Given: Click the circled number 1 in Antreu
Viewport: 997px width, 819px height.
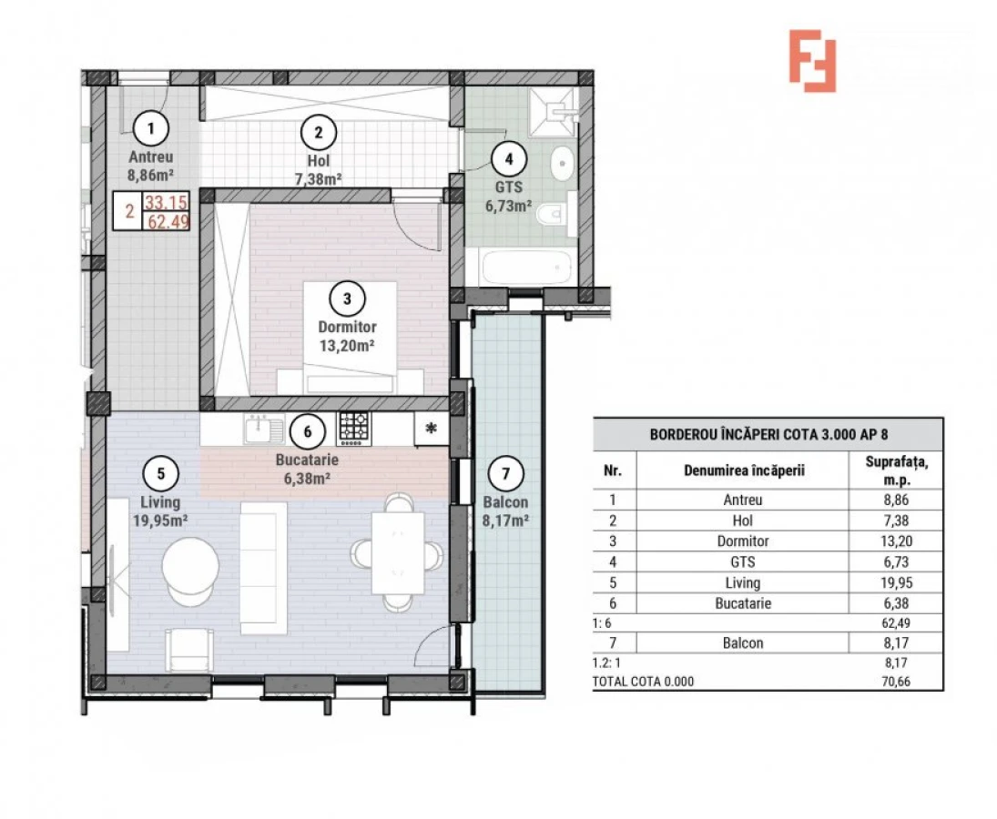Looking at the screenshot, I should coord(150,126).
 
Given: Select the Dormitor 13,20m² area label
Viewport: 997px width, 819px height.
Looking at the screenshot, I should coord(347,336).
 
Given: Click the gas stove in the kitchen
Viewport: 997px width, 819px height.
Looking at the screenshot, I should coord(354,427).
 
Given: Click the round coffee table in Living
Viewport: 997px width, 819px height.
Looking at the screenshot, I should coord(190,566).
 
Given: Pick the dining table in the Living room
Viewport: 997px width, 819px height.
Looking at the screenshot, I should coord(398,551).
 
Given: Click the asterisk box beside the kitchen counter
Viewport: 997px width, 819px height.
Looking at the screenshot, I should coord(431,429).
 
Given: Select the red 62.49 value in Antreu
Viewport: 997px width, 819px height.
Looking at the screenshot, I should coord(168,219).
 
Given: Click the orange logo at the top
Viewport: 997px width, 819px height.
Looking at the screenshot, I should coord(812,60).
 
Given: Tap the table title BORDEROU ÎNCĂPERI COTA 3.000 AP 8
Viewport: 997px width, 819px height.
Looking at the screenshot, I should coord(768,434).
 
